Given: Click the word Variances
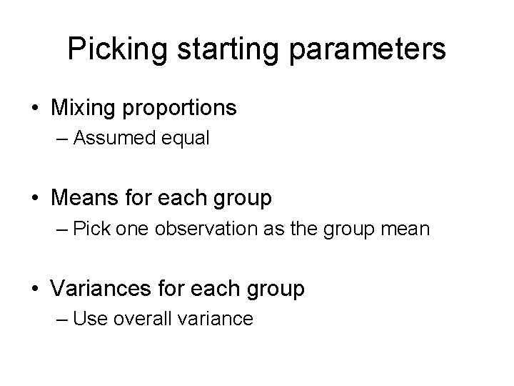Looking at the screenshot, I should pyautogui.click(x=98, y=289).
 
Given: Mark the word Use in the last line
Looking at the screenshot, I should pyautogui.click(x=88, y=319).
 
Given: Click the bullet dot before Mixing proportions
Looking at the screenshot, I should pyautogui.click(x=34, y=109).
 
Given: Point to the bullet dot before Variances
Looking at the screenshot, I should pyautogui.click(x=34, y=289).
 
